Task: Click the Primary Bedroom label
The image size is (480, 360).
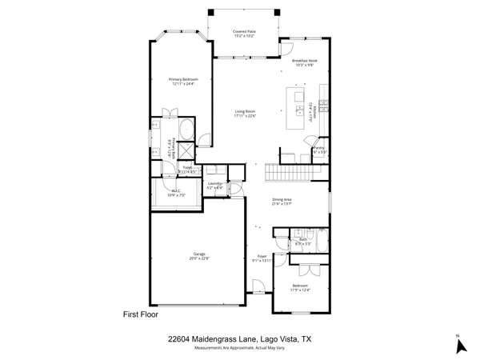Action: [183, 80]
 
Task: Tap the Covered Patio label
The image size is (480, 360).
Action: [244, 33]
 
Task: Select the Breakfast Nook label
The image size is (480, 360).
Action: [306, 62]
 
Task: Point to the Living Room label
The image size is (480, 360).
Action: [244, 113]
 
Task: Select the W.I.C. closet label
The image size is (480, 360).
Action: [176, 193]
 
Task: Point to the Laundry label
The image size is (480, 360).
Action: [214, 186]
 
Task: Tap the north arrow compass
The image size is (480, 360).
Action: [459, 345]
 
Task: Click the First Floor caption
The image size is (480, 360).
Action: [141, 314]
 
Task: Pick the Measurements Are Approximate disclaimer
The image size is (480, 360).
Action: [245, 348]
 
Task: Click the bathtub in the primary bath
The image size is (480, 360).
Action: [185, 130]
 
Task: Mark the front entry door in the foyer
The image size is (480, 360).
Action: [258, 288]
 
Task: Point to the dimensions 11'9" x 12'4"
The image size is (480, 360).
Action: [300, 290]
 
